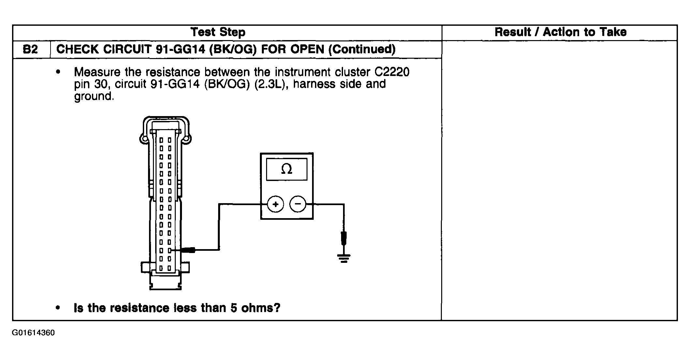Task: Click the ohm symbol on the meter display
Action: tap(286, 169)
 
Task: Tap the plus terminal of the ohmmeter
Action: tap(276, 204)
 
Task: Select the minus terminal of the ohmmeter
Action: tap(298, 204)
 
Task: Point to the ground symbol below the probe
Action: tap(344, 259)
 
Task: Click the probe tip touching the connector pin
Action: tap(187, 250)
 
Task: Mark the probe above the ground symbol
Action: tap(344, 238)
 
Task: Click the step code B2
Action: tap(30, 50)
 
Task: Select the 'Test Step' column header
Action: tap(218, 32)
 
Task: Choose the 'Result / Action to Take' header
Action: tap(561, 32)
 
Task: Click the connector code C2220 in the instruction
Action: tap(390, 72)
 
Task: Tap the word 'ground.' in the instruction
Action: tap(94, 97)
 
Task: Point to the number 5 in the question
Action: tap(233, 308)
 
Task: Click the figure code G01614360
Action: tap(34, 333)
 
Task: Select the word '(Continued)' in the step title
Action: tap(362, 49)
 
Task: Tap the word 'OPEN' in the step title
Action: tap(307, 49)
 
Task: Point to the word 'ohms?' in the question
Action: tap(261, 308)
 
